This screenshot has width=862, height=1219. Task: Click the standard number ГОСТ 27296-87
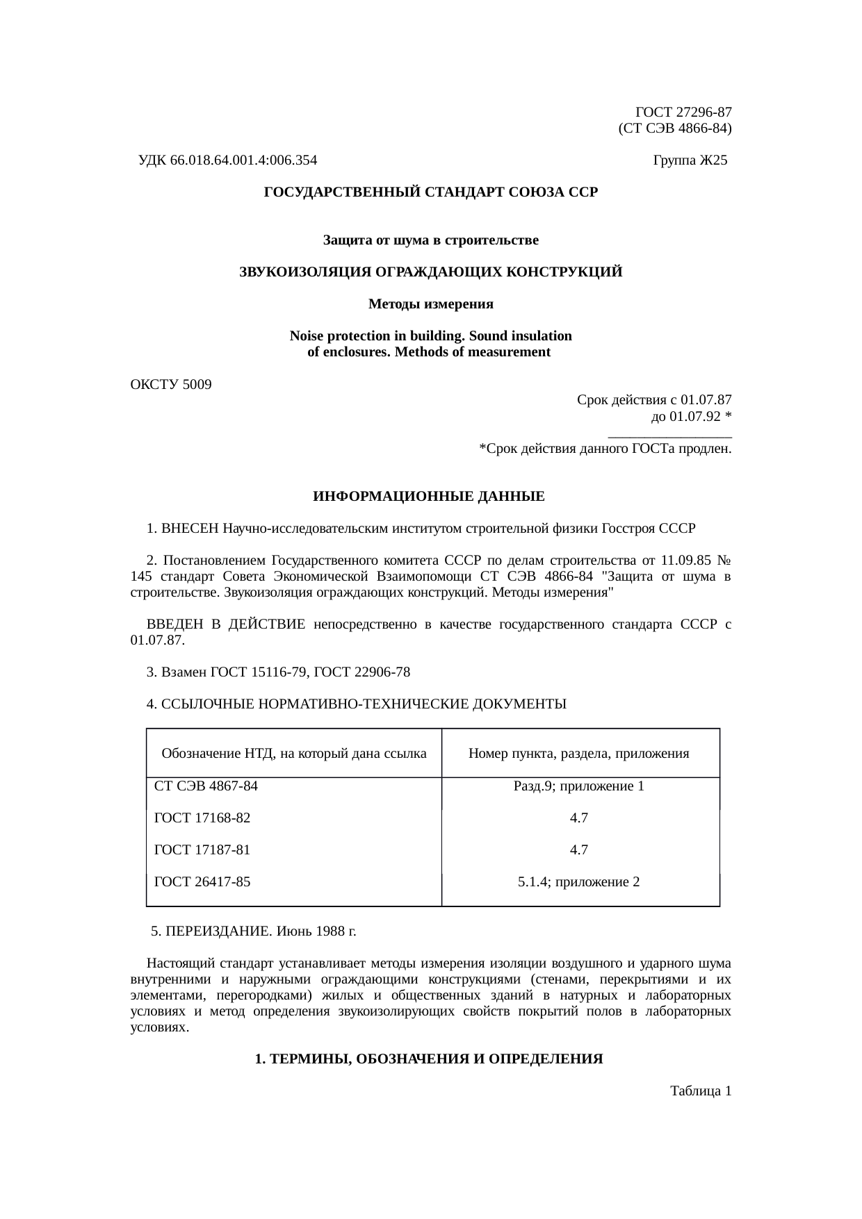tap(683, 112)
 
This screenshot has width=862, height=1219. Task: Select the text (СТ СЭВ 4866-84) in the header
tap(674, 128)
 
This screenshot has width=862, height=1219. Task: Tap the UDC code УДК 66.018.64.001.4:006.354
tap(227, 160)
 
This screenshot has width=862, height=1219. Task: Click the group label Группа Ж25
tap(690, 160)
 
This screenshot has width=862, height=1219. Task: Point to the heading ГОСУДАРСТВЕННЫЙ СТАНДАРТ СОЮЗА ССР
tap(430, 192)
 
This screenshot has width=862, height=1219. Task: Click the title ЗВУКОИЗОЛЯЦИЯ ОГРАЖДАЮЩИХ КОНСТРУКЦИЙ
tap(430, 272)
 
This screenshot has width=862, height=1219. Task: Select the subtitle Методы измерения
tap(430, 304)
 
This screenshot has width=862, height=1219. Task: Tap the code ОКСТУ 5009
tap(171, 384)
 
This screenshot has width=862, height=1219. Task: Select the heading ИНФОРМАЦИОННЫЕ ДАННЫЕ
tap(429, 497)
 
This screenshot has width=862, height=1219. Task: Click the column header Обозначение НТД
tap(293, 753)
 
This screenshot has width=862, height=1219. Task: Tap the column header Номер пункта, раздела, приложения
tap(579, 753)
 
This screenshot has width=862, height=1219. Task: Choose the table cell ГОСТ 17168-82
tap(202, 818)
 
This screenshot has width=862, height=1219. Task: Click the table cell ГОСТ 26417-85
tap(202, 882)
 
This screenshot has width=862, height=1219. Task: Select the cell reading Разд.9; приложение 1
tap(579, 786)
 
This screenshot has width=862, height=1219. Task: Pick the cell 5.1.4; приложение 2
tap(579, 882)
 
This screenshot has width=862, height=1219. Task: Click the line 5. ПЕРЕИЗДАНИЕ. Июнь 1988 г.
tap(259, 930)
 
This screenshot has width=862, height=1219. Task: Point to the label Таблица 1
tap(700, 1091)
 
